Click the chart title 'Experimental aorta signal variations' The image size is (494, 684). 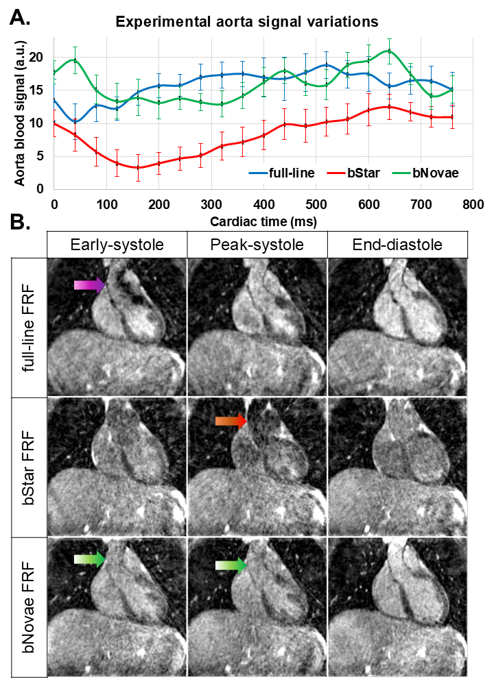(x=247, y=21)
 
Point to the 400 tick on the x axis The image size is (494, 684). (x=263, y=204)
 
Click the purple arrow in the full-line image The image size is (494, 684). (x=90, y=285)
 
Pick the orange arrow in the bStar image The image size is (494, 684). (x=231, y=422)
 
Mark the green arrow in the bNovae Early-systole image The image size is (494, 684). (x=90, y=559)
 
